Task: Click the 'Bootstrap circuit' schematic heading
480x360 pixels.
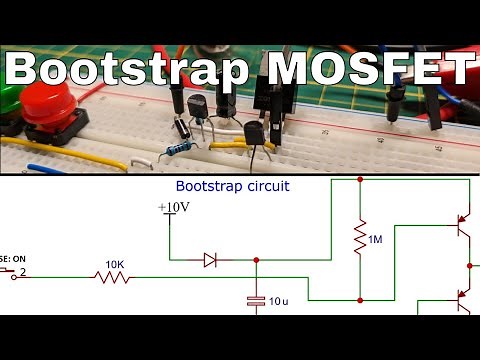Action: [232, 186]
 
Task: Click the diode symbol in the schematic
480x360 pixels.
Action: [210, 260]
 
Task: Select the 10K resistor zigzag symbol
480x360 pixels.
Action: [114, 277]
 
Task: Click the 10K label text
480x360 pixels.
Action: [115, 265]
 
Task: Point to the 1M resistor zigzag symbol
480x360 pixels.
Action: [359, 241]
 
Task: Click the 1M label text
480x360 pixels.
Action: [375, 241]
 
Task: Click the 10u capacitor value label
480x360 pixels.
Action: [280, 300]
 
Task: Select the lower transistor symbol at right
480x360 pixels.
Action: [462, 299]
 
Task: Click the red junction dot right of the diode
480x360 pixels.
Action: [257, 260]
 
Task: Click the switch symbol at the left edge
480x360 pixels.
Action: [12, 272]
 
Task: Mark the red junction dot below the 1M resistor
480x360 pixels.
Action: [359, 299]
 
